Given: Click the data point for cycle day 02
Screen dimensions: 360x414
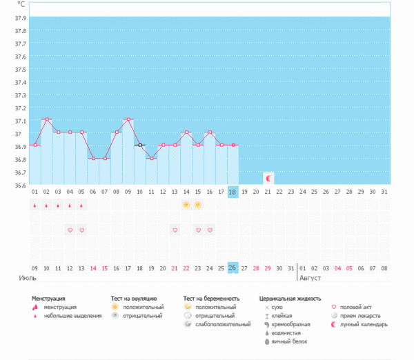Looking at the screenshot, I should coord(46,119).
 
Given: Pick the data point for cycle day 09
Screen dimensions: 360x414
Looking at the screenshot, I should coord(128,119).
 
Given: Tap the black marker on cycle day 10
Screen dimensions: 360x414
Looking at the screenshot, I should coord(139,145).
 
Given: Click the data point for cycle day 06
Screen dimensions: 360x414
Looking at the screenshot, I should coord(93,158).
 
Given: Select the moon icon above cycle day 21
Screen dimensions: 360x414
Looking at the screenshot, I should coord(268,178).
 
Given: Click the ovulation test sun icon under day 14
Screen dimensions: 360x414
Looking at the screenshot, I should coord(186,205).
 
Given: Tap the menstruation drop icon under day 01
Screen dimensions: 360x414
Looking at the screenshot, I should coord(34,205).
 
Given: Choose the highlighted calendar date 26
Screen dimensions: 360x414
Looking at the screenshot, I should coord(233,268).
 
